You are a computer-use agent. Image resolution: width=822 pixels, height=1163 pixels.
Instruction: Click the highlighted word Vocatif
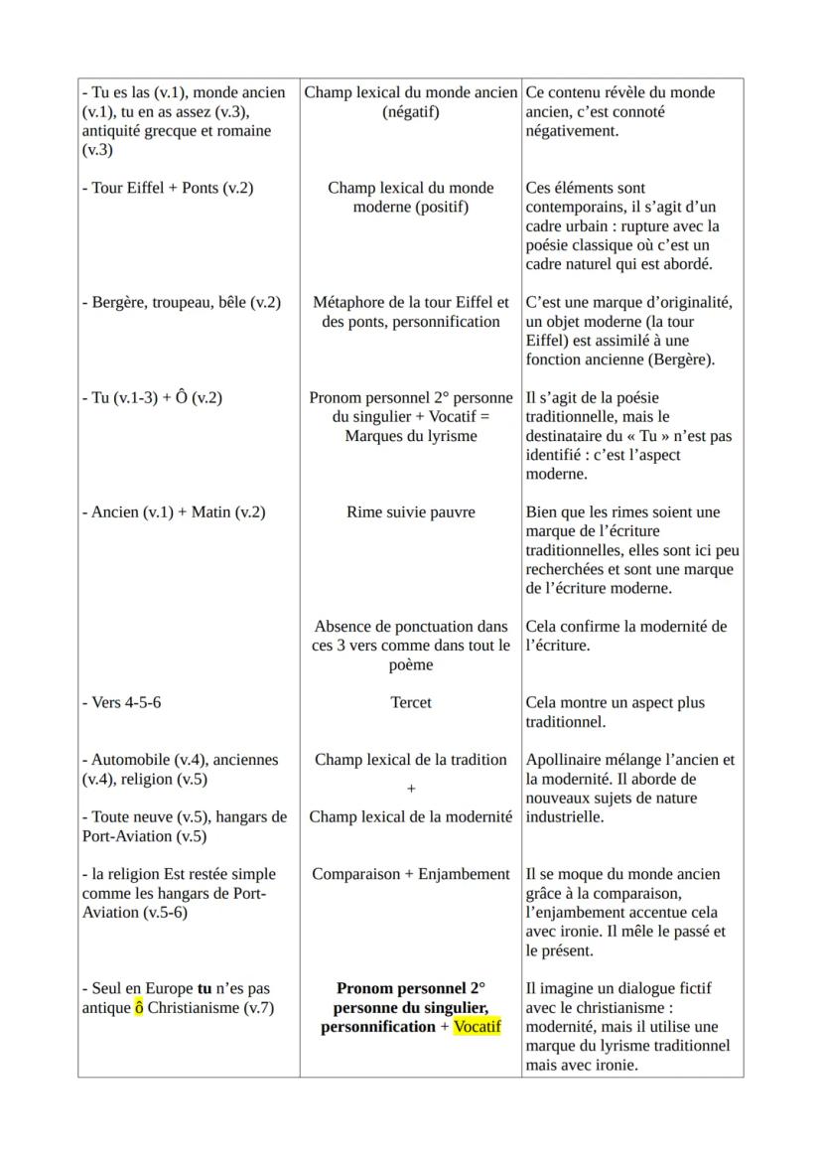click(x=478, y=1027)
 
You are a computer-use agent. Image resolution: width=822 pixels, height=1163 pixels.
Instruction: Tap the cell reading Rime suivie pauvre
click(x=410, y=512)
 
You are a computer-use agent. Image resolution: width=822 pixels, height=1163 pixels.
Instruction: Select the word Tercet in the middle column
click(x=410, y=702)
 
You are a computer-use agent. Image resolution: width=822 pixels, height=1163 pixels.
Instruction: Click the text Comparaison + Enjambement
click(x=410, y=874)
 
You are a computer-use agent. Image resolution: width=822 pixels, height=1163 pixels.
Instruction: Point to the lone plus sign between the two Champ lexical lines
click(x=410, y=789)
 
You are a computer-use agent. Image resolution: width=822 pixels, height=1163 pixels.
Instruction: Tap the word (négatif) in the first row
click(x=410, y=112)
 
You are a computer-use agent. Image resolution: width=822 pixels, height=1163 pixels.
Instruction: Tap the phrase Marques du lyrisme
click(x=410, y=436)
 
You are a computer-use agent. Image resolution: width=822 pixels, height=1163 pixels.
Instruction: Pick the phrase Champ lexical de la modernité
click(x=410, y=817)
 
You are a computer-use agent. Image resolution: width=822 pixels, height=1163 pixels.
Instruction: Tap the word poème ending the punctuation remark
click(x=410, y=664)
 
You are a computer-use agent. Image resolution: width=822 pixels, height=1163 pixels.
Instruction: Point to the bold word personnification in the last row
click(x=377, y=1027)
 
